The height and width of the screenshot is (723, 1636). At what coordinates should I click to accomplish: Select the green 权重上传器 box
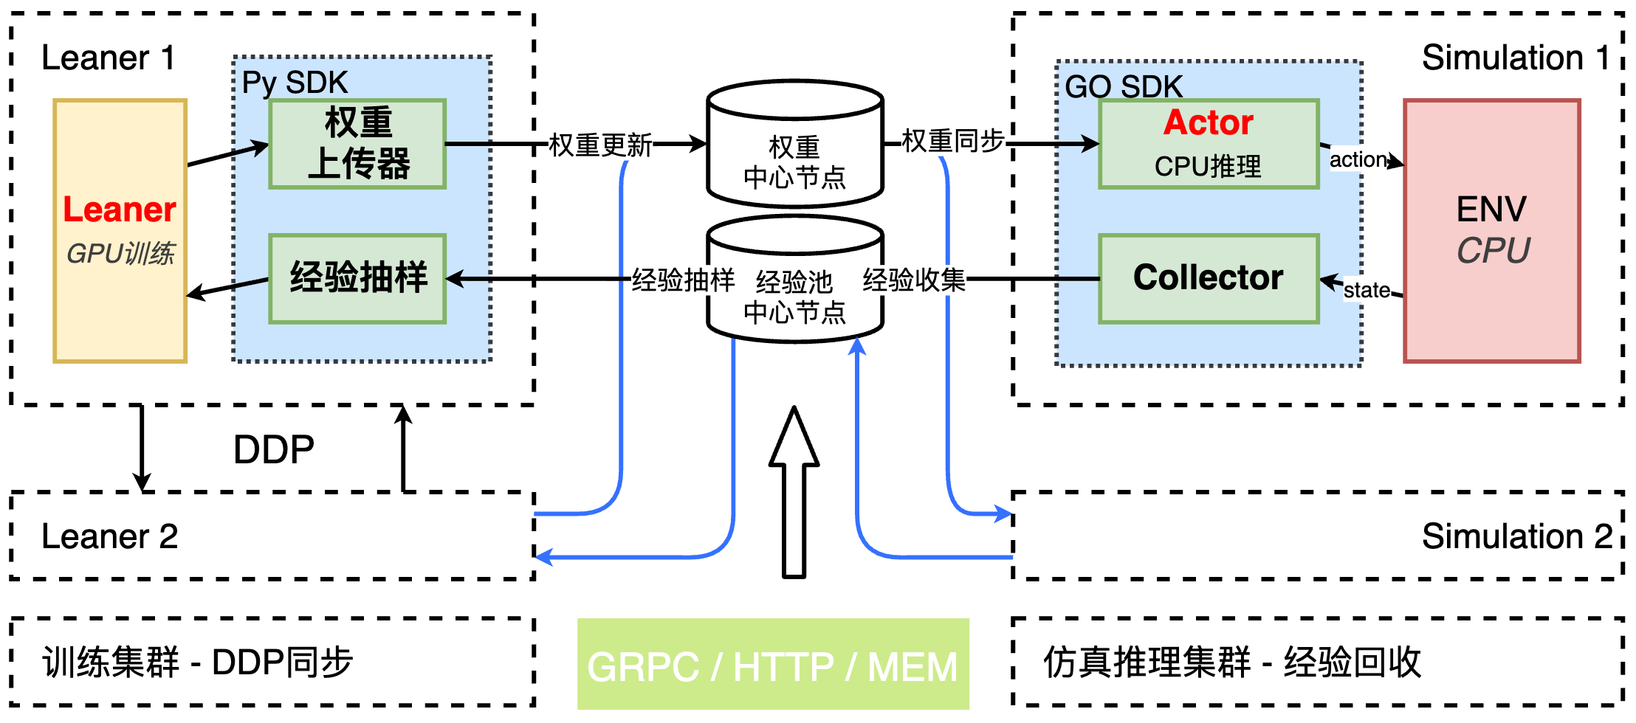click(x=357, y=144)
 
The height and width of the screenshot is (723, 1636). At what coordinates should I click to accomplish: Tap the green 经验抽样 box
click(x=357, y=278)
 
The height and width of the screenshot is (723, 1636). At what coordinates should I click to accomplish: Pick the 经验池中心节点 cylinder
click(x=794, y=295)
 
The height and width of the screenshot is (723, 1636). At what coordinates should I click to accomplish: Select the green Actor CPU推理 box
click(x=1209, y=144)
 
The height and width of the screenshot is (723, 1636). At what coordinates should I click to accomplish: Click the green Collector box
click(x=1209, y=278)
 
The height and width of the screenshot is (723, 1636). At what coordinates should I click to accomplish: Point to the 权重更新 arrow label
click(x=600, y=145)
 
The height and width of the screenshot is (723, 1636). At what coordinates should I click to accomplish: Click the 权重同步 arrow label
click(x=953, y=140)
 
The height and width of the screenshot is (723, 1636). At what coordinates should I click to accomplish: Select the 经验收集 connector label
click(x=914, y=280)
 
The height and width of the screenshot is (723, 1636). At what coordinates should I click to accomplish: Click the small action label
click(x=1358, y=159)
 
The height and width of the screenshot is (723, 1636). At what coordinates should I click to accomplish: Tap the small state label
click(x=1367, y=290)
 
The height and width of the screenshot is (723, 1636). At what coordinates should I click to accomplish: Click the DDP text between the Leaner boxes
click(x=273, y=449)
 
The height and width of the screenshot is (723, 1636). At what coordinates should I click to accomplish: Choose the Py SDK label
click(x=295, y=83)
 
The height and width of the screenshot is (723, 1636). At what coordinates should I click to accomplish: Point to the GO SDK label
click(x=1123, y=86)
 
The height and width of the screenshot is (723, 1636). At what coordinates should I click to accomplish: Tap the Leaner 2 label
click(x=109, y=536)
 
